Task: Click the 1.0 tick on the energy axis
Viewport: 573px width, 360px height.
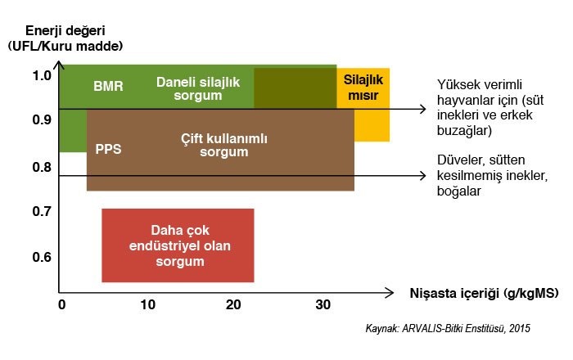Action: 42,75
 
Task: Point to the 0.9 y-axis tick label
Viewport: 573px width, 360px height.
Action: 42,119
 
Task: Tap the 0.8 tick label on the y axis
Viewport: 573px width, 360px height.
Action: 42,167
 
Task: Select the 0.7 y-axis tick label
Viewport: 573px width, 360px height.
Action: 42,211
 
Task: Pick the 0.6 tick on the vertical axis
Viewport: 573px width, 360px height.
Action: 42,257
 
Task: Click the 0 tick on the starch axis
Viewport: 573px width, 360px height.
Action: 61,304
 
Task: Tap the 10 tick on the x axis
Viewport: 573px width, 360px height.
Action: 147,304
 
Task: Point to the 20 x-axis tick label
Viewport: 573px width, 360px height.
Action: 233,304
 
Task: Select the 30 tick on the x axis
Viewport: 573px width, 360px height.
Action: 323,304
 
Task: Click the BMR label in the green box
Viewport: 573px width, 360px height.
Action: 108,86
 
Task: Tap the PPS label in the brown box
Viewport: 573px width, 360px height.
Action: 108,149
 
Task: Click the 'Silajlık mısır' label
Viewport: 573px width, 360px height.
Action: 363,88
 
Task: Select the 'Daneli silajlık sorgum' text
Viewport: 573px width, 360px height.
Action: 198,88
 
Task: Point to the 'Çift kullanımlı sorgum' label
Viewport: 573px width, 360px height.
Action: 224,145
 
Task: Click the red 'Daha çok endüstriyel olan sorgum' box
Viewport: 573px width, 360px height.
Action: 178,245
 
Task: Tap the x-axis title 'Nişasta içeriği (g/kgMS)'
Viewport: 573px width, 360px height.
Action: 485,293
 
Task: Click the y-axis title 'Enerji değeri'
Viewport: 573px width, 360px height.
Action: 65,30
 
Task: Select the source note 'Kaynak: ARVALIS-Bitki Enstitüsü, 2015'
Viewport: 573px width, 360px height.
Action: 448,328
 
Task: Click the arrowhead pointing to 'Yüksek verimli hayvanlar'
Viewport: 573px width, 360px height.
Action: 423,109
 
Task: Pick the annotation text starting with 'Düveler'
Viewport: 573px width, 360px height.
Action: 492,175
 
